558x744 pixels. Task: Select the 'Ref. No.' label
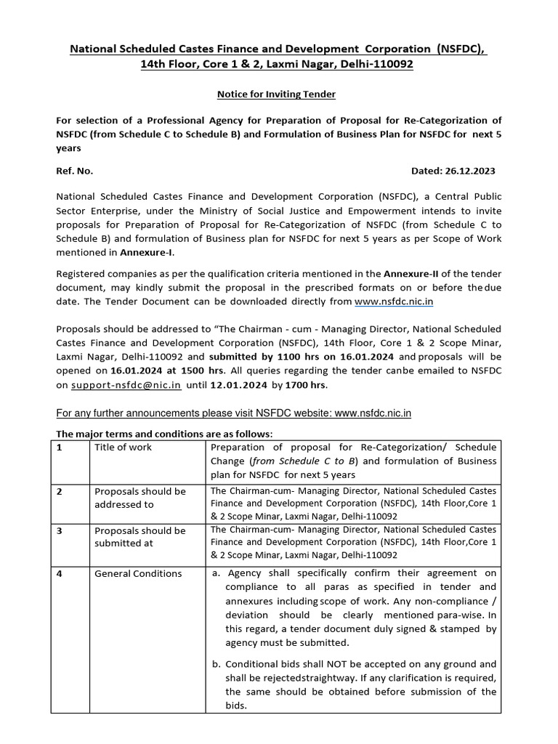75,171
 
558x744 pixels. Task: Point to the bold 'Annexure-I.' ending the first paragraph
153,253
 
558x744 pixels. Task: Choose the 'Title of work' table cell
124,448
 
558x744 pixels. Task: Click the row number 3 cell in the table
60,530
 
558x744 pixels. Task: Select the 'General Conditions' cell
138,573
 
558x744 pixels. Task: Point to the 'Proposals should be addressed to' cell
140,498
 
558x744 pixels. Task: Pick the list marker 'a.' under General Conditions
216,573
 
